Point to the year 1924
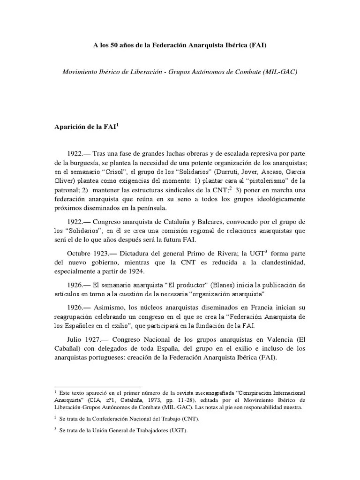[141, 271]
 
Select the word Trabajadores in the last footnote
[153, 432]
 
